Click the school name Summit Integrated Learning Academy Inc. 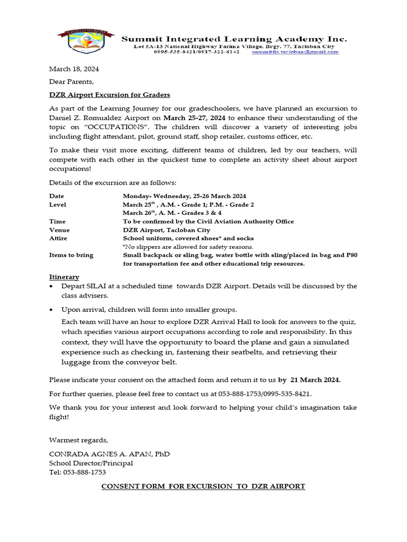click(234, 39)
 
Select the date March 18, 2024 click(74, 69)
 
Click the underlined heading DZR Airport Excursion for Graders click(110, 94)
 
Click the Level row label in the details click(58, 204)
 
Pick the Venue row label click(59, 230)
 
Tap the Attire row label click(58, 238)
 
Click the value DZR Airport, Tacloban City click(166, 230)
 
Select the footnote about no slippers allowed click(188, 247)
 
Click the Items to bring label click(71, 255)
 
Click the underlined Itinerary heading click(64, 277)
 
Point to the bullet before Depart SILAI click(51, 286)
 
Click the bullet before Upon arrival click(51, 310)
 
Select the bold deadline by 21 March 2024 click(309, 380)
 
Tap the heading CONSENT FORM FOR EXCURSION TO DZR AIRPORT click(203, 486)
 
